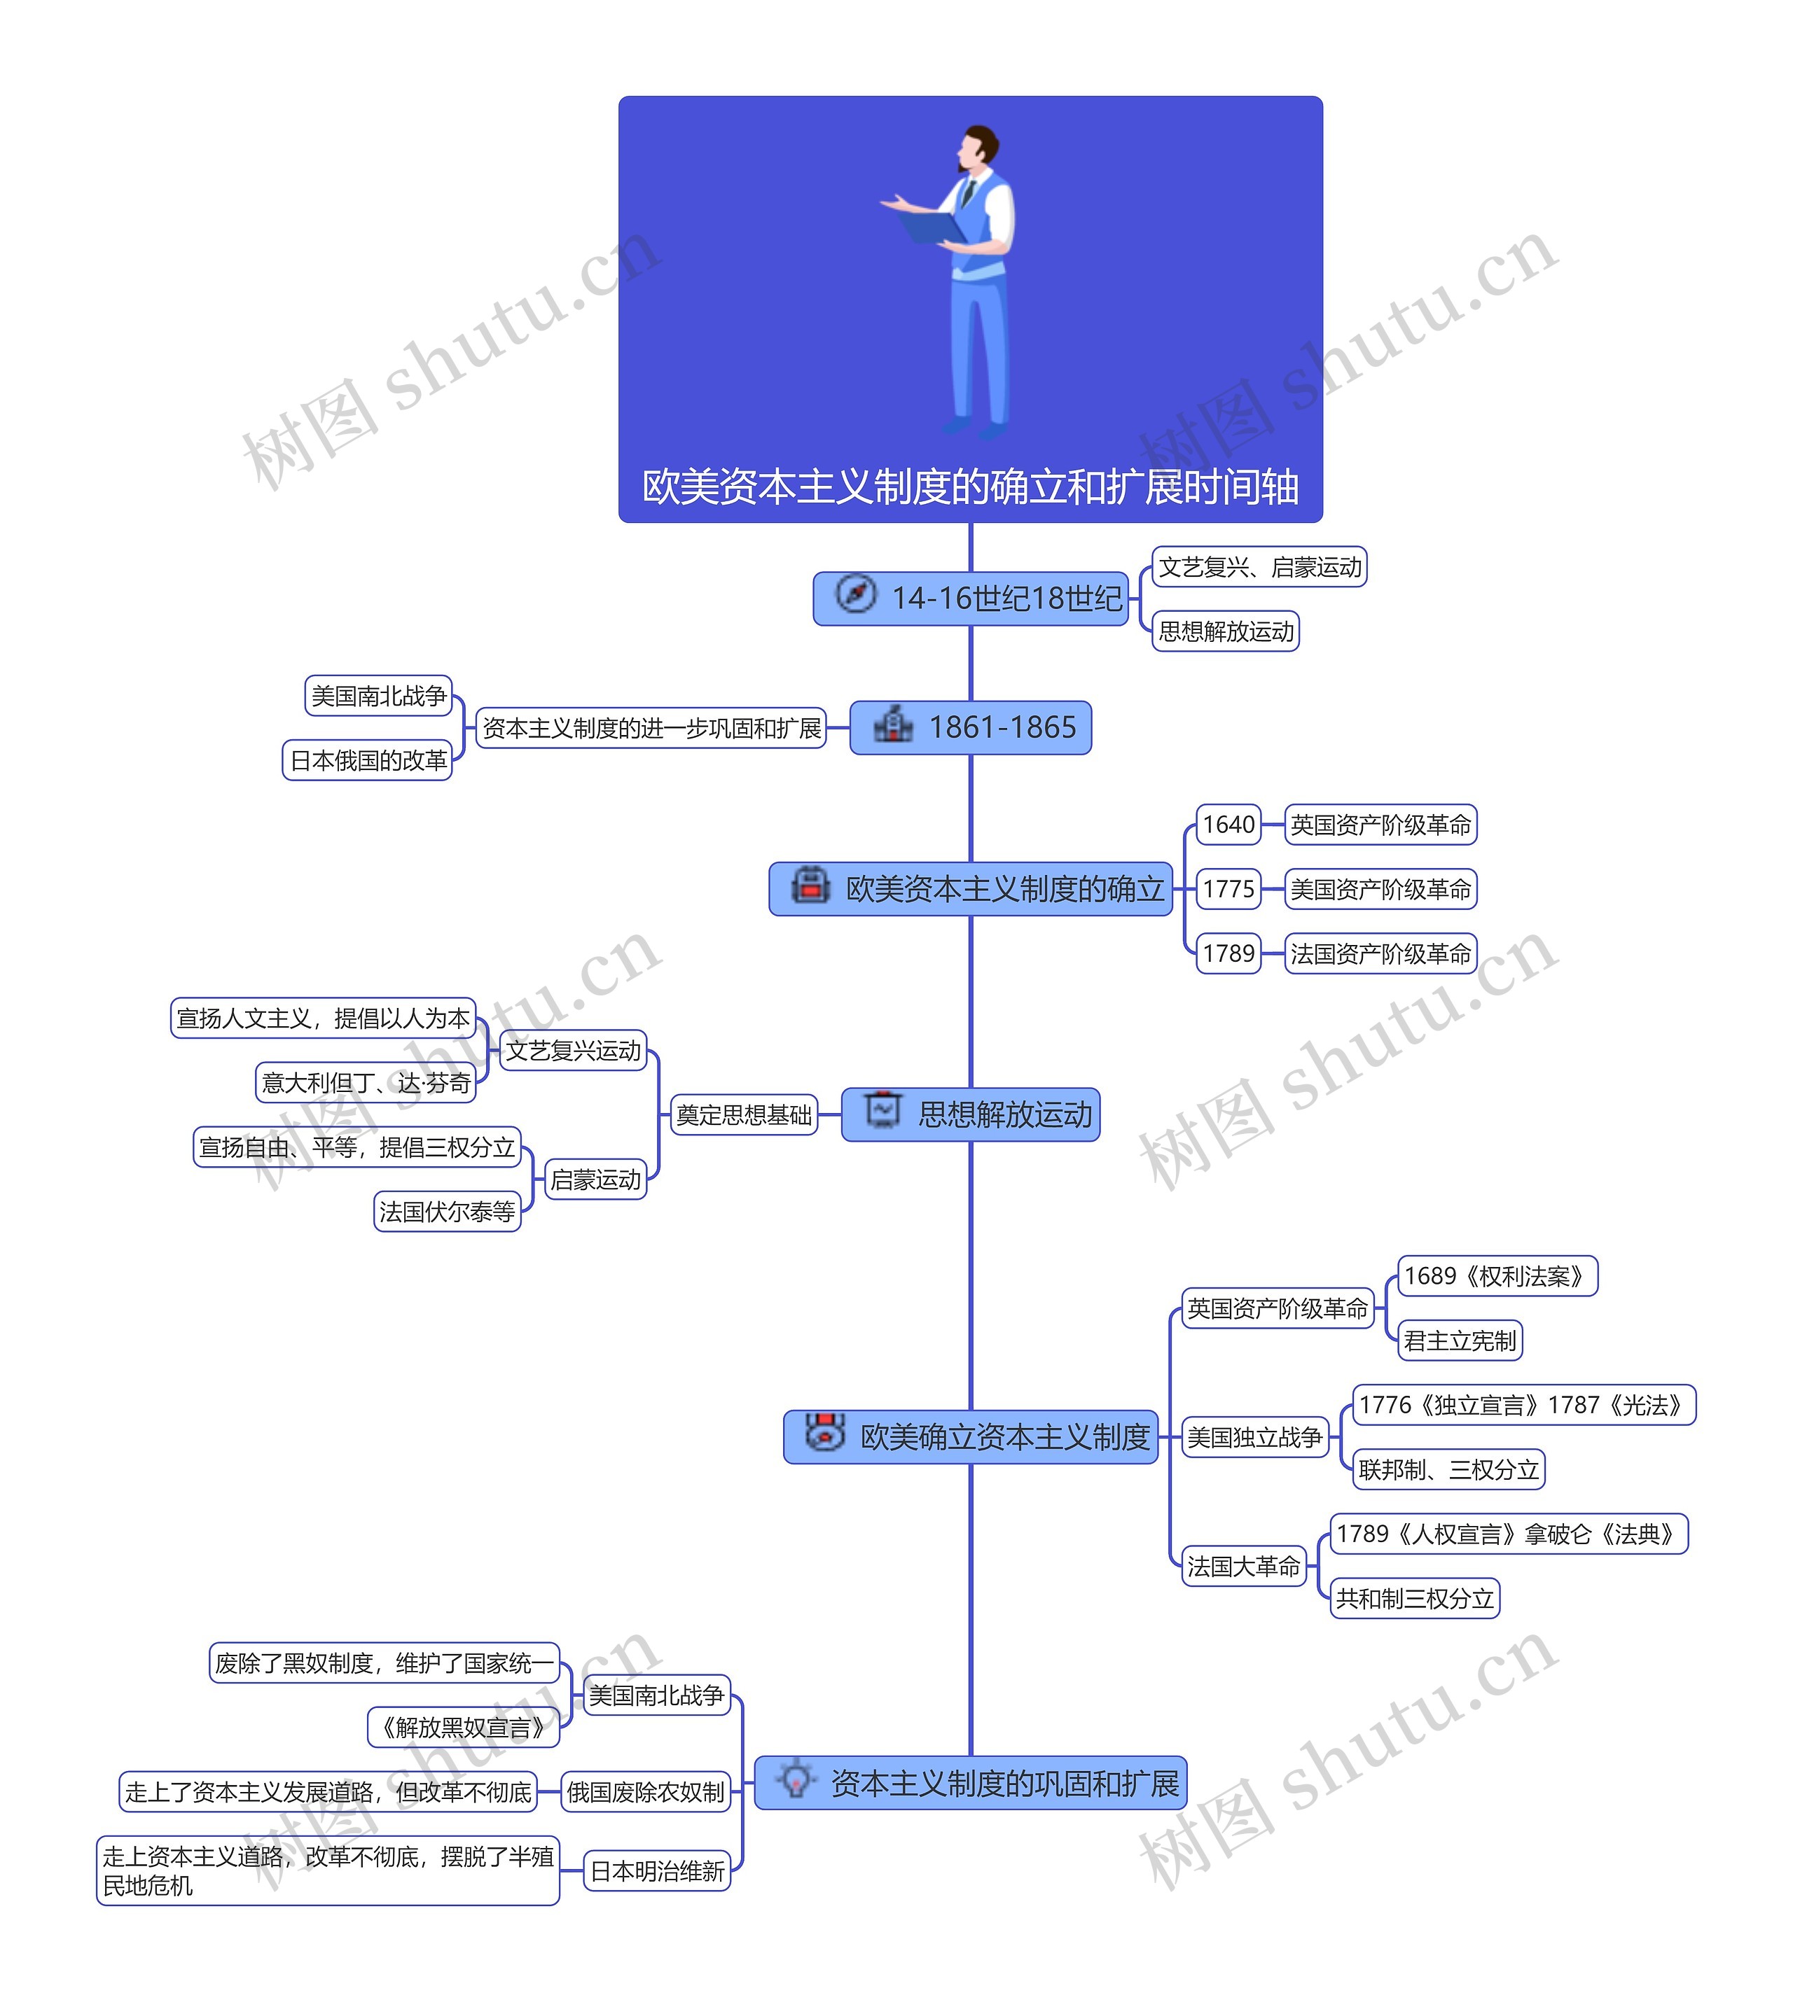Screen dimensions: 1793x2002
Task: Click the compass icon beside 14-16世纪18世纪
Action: (x=854, y=595)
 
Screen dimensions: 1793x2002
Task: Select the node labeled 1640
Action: (x=1228, y=824)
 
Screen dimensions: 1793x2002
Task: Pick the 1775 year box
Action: (x=1228, y=889)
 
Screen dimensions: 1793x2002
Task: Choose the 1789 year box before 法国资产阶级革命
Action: (x=1228, y=953)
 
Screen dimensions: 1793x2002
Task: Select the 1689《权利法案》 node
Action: (x=1495, y=1276)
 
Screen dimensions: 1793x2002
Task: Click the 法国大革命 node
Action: (x=1242, y=1566)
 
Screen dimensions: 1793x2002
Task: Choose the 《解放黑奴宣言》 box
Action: (x=463, y=1728)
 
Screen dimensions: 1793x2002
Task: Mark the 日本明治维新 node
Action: (x=656, y=1871)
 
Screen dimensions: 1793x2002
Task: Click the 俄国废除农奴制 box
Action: (x=645, y=1791)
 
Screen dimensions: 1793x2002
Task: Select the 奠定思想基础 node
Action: (x=743, y=1114)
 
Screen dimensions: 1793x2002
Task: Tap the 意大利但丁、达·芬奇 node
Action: (x=366, y=1083)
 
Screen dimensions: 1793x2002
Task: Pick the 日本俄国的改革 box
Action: (x=368, y=760)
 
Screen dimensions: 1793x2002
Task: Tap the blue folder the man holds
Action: (x=932, y=227)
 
